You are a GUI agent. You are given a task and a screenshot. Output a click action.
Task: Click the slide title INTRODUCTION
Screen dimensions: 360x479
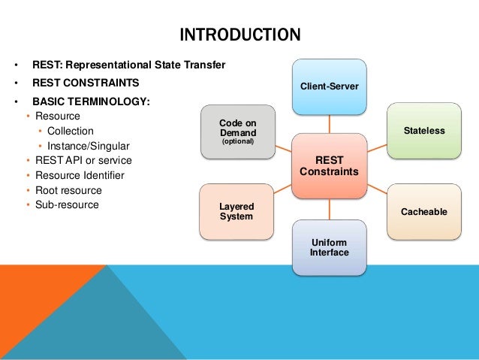point(239,35)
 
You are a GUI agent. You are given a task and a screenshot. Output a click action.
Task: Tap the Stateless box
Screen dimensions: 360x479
point(423,130)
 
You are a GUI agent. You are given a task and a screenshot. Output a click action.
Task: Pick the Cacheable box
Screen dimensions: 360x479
point(423,212)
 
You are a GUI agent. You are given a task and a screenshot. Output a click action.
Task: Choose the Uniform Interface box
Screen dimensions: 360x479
point(329,247)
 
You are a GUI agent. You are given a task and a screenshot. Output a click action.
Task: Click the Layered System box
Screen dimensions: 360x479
point(236,211)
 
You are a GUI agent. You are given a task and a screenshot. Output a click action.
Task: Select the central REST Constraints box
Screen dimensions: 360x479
point(329,165)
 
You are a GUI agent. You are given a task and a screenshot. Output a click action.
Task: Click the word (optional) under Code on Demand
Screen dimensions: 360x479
point(236,141)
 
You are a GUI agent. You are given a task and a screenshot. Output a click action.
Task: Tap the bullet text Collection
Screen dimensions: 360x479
point(72,132)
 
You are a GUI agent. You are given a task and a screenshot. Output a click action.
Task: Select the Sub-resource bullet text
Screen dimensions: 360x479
point(67,204)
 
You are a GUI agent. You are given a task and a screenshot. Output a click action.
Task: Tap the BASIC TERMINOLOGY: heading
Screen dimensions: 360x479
point(90,101)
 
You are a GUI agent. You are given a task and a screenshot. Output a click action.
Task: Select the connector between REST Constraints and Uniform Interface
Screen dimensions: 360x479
point(329,208)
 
